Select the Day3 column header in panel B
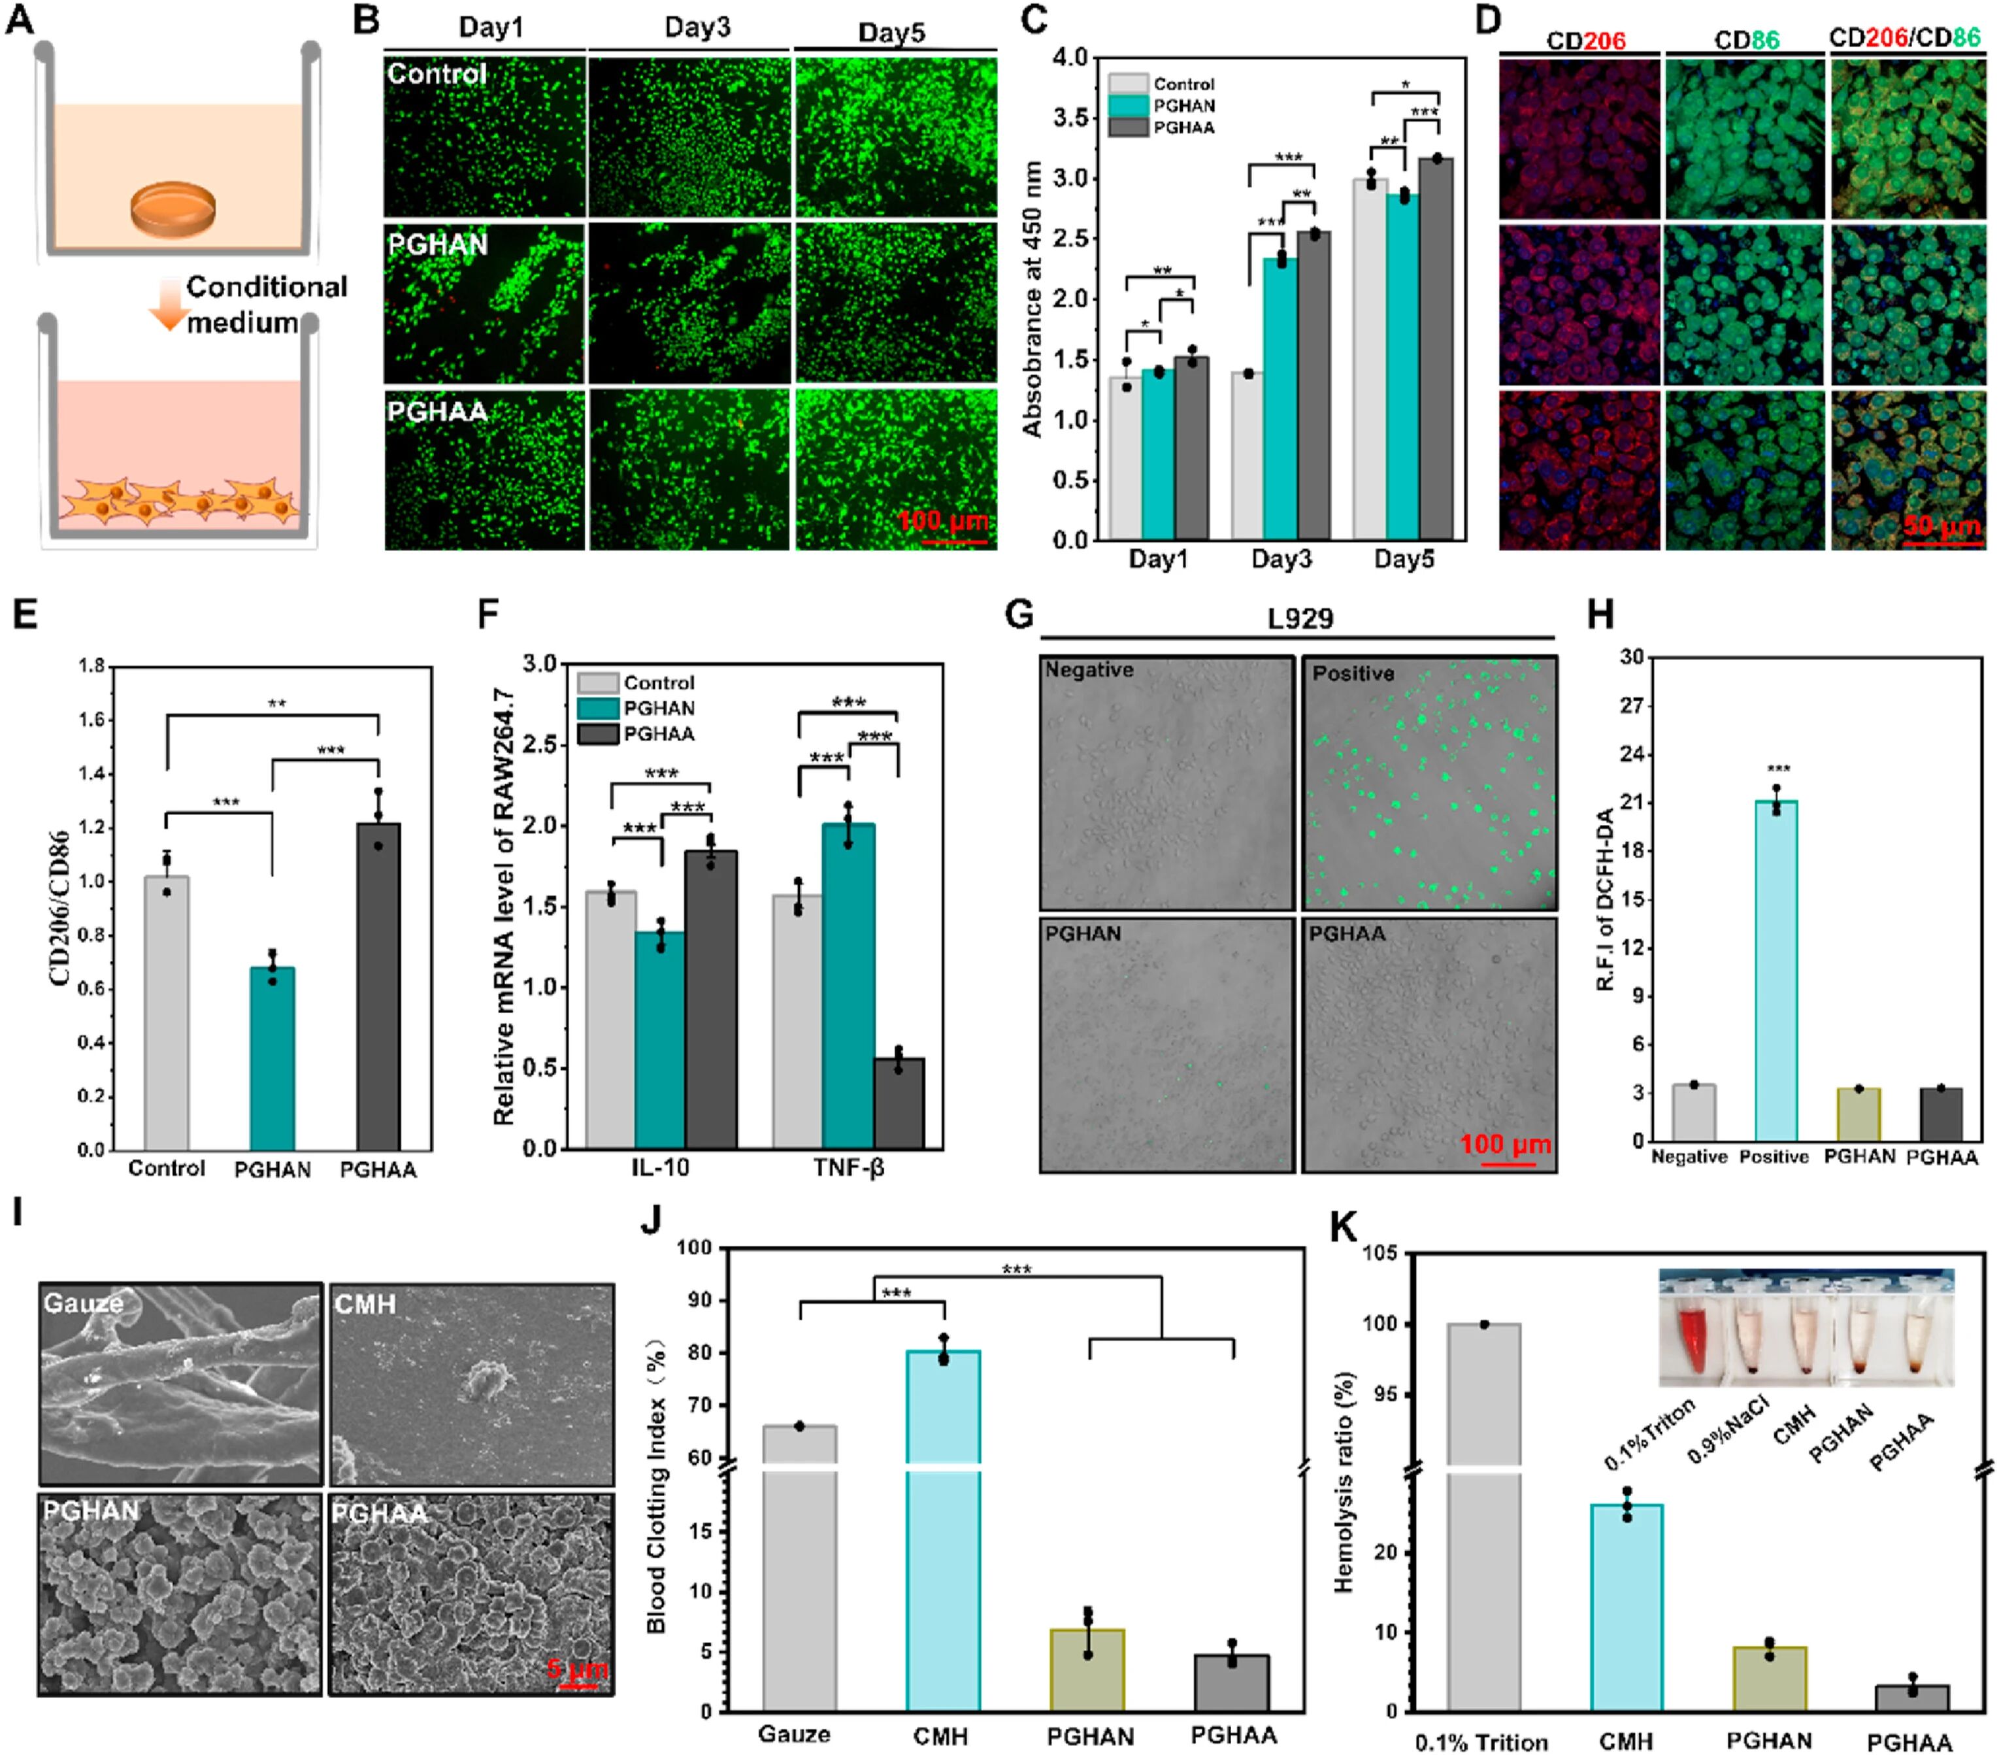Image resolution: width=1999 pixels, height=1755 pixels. (x=697, y=27)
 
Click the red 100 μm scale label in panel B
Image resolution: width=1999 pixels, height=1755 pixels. (x=943, y=520)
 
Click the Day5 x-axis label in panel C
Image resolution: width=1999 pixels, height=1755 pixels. (x=1404, y=560)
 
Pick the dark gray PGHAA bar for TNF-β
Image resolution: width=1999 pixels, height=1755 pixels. (x=899, y=1103)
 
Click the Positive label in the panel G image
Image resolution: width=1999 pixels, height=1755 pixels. (x=1353, y=673)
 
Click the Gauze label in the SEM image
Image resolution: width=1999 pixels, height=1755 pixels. (x=83, y=1303)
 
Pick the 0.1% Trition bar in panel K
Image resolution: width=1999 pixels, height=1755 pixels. (x=1483, y=1516)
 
